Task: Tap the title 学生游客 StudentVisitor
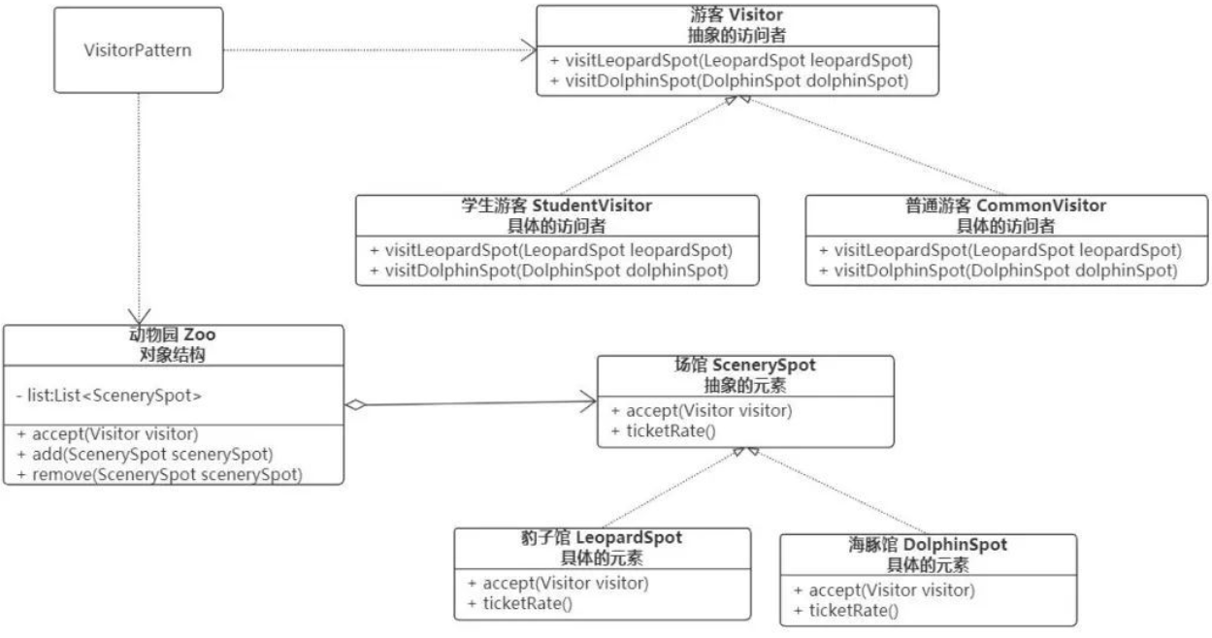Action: [x=556, y=206]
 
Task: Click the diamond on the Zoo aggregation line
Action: [x=356, y=405]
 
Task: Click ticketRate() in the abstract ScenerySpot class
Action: [x=663, y=430]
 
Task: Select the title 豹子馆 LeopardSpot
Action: [x=602, y=538]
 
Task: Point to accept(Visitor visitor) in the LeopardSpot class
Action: [x=557, y=584]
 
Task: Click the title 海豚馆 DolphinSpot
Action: [x=928, y=545]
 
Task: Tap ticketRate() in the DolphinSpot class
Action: [x=845, y=610]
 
